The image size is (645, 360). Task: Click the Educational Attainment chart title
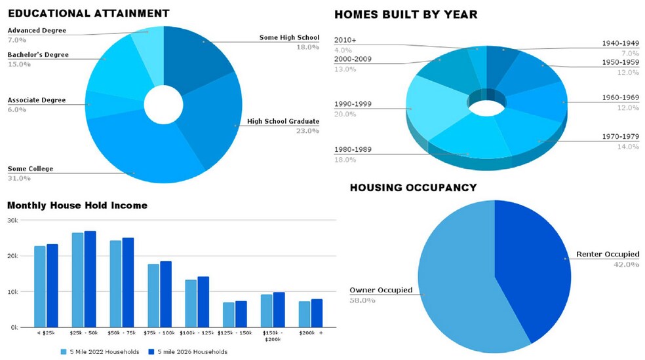88,13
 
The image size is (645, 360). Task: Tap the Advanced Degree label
36,30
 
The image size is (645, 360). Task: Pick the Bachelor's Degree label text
38,54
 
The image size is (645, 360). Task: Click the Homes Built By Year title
406,14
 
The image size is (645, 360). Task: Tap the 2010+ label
345,40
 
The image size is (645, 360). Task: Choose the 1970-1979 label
620,136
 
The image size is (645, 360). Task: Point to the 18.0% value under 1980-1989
345,160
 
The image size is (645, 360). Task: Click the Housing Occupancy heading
413,188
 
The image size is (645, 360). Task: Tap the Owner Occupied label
380,290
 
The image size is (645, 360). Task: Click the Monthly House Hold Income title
77,206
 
